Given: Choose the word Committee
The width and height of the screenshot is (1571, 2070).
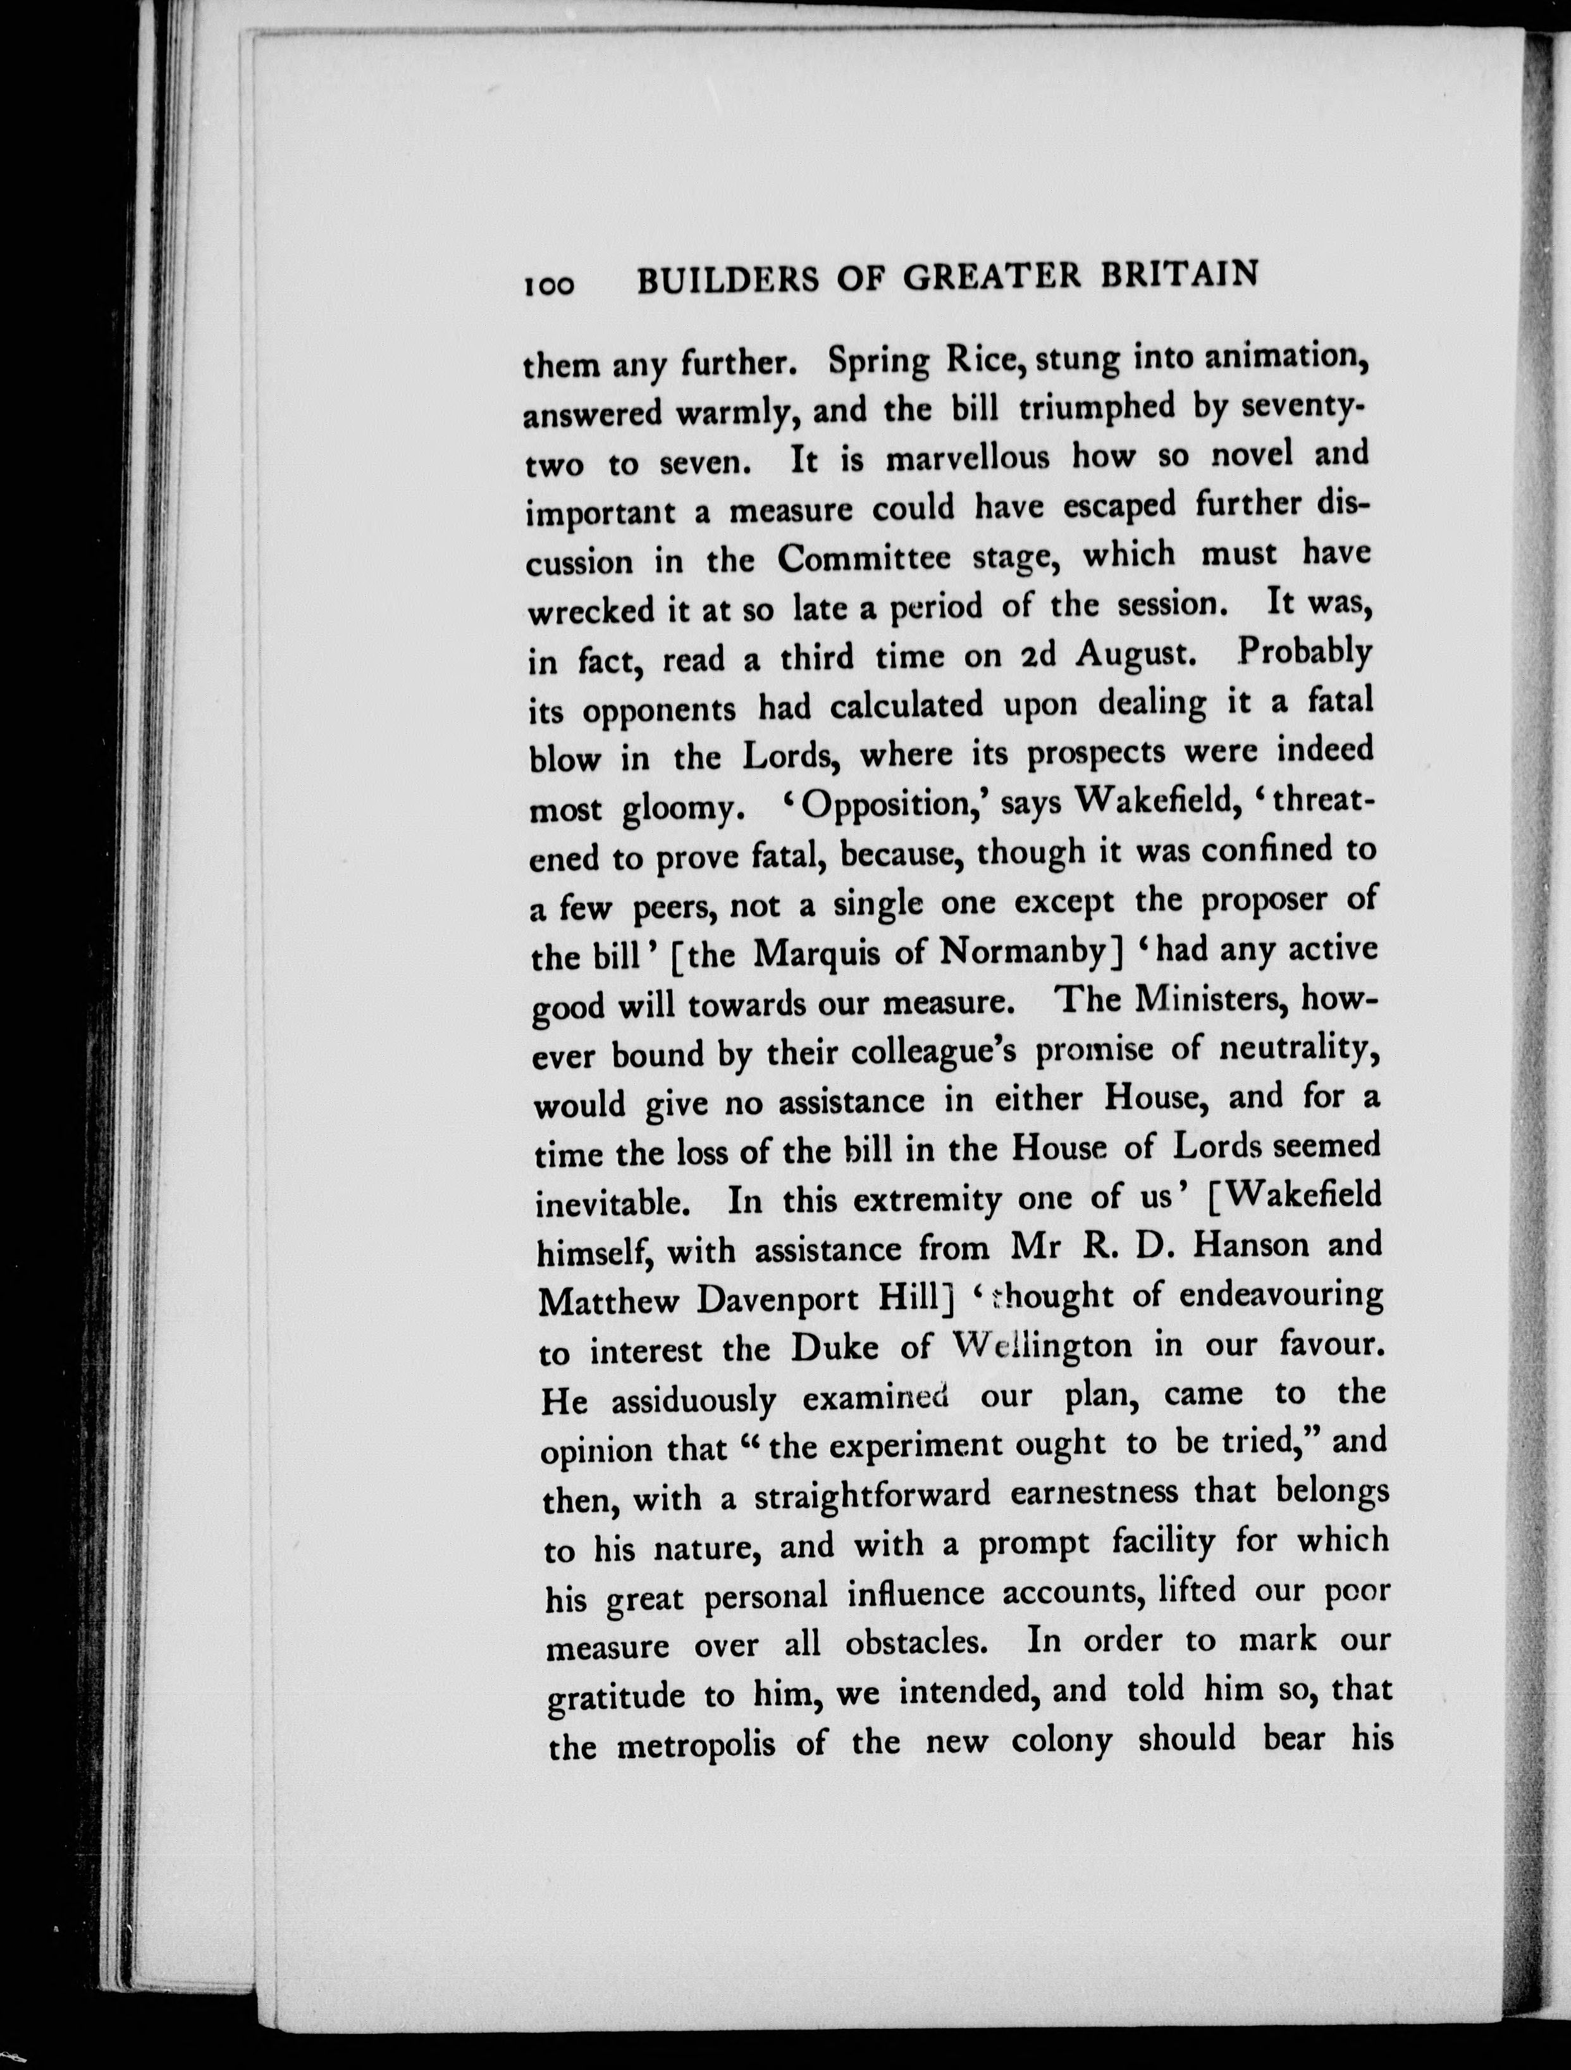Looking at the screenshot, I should (x=864, y=560).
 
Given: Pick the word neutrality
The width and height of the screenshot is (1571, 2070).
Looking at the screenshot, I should (x=1298, y=1049).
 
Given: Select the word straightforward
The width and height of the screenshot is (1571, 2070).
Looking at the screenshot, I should (x=872, y=1496).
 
